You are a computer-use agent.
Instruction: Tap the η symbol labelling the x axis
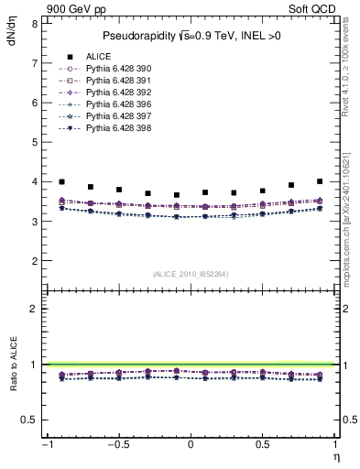click(x=335, y=456)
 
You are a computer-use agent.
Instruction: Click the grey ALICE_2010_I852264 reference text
click(x=191, y=274)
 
